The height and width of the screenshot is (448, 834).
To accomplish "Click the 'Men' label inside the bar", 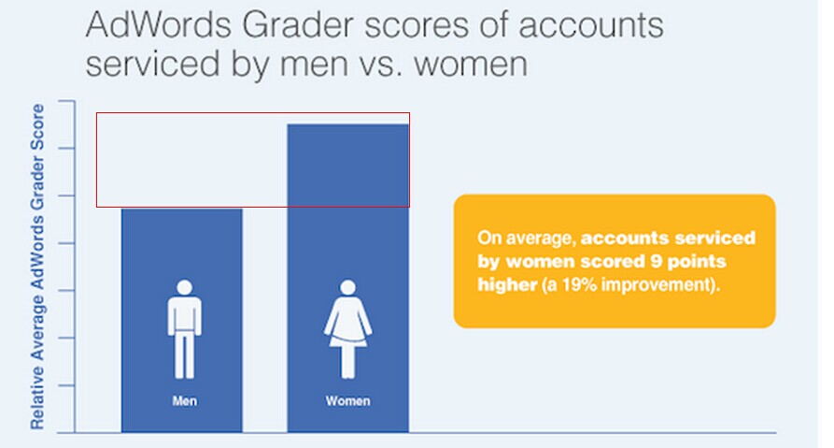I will (184, 401).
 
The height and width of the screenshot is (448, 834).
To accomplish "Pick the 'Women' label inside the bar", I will (347, 401).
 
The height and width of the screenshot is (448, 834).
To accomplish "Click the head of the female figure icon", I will (347, 288).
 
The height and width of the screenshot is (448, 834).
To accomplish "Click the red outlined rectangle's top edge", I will (252, 113).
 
